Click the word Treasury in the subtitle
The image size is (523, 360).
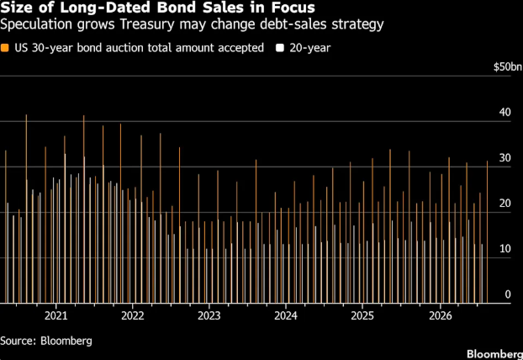tap(147, 24)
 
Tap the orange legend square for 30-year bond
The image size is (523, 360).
tap(5, 48)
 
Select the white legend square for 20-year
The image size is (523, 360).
tap(280, 48)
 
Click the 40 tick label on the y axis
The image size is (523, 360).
tap(505, 112)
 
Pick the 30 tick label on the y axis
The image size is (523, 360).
tap(505, 158)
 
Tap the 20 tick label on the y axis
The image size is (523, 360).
tap(505, 204)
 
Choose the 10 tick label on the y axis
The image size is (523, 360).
tap(505, 249)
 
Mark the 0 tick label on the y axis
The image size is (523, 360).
tap(508, 294)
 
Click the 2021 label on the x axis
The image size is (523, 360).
tap(56, 315)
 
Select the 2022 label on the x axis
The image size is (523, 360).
tap(132, 315)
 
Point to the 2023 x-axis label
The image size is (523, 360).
tap(209, 315)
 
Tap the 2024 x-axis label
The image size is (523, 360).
tap(286, 315)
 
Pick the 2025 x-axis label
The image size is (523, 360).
tap(362, 315)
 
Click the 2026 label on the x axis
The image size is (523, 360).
tap(441, 315)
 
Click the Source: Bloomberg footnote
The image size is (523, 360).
tap(46, 341)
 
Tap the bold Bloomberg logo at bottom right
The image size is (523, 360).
tap(494, 354)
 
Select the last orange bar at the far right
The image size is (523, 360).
tap(488, 232)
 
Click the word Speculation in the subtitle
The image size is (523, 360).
tap(36, 25)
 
